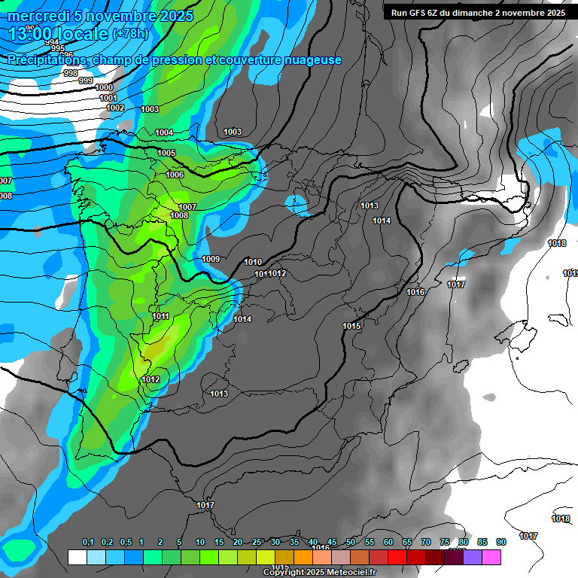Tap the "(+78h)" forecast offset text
(x=131, y=34)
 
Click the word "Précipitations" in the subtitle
(x=47, y=59)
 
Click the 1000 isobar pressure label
(x=105, y=88)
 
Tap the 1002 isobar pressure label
(x=115, y=108)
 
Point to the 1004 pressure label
(x=164, y=133)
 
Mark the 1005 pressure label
(x=166, y=153)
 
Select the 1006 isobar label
(x=175, y=175)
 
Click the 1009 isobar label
(x=211, y=260)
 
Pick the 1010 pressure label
(x=254, y=262)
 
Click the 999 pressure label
(x=86, y=81)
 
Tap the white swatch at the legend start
(x=78, y=557)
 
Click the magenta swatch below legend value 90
(x=491, y=557)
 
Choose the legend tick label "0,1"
(x=88, y=543)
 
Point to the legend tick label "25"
(x=257, y=543)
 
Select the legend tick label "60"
(x=388, y=543)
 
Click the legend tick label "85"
(x=482, y=543)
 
